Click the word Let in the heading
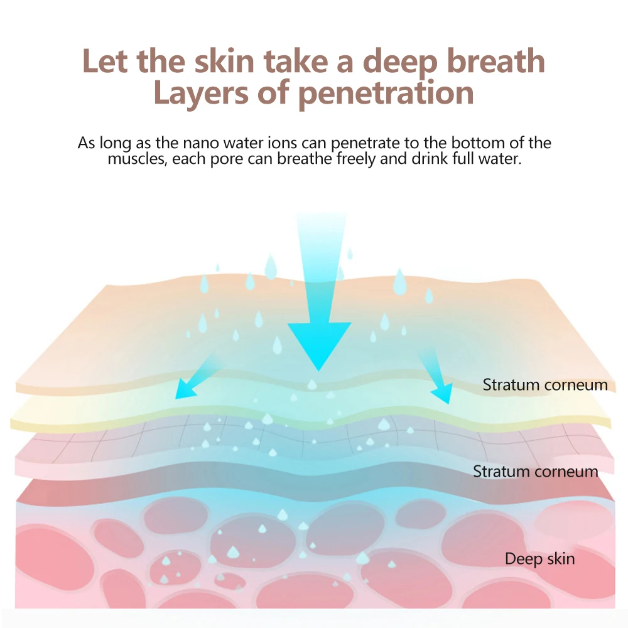[105, 62]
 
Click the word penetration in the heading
[386, 93]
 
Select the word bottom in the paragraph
[461, 143]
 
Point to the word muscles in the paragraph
[134, 158]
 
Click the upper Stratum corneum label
[545, 385]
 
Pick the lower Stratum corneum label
[535, 471]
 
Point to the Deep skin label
[539, 558]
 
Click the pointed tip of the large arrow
[319, 370]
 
